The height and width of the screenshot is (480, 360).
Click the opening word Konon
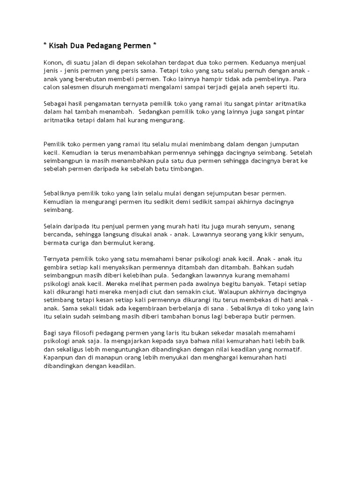(52, 62)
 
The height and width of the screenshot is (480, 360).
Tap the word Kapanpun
(59, 357)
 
